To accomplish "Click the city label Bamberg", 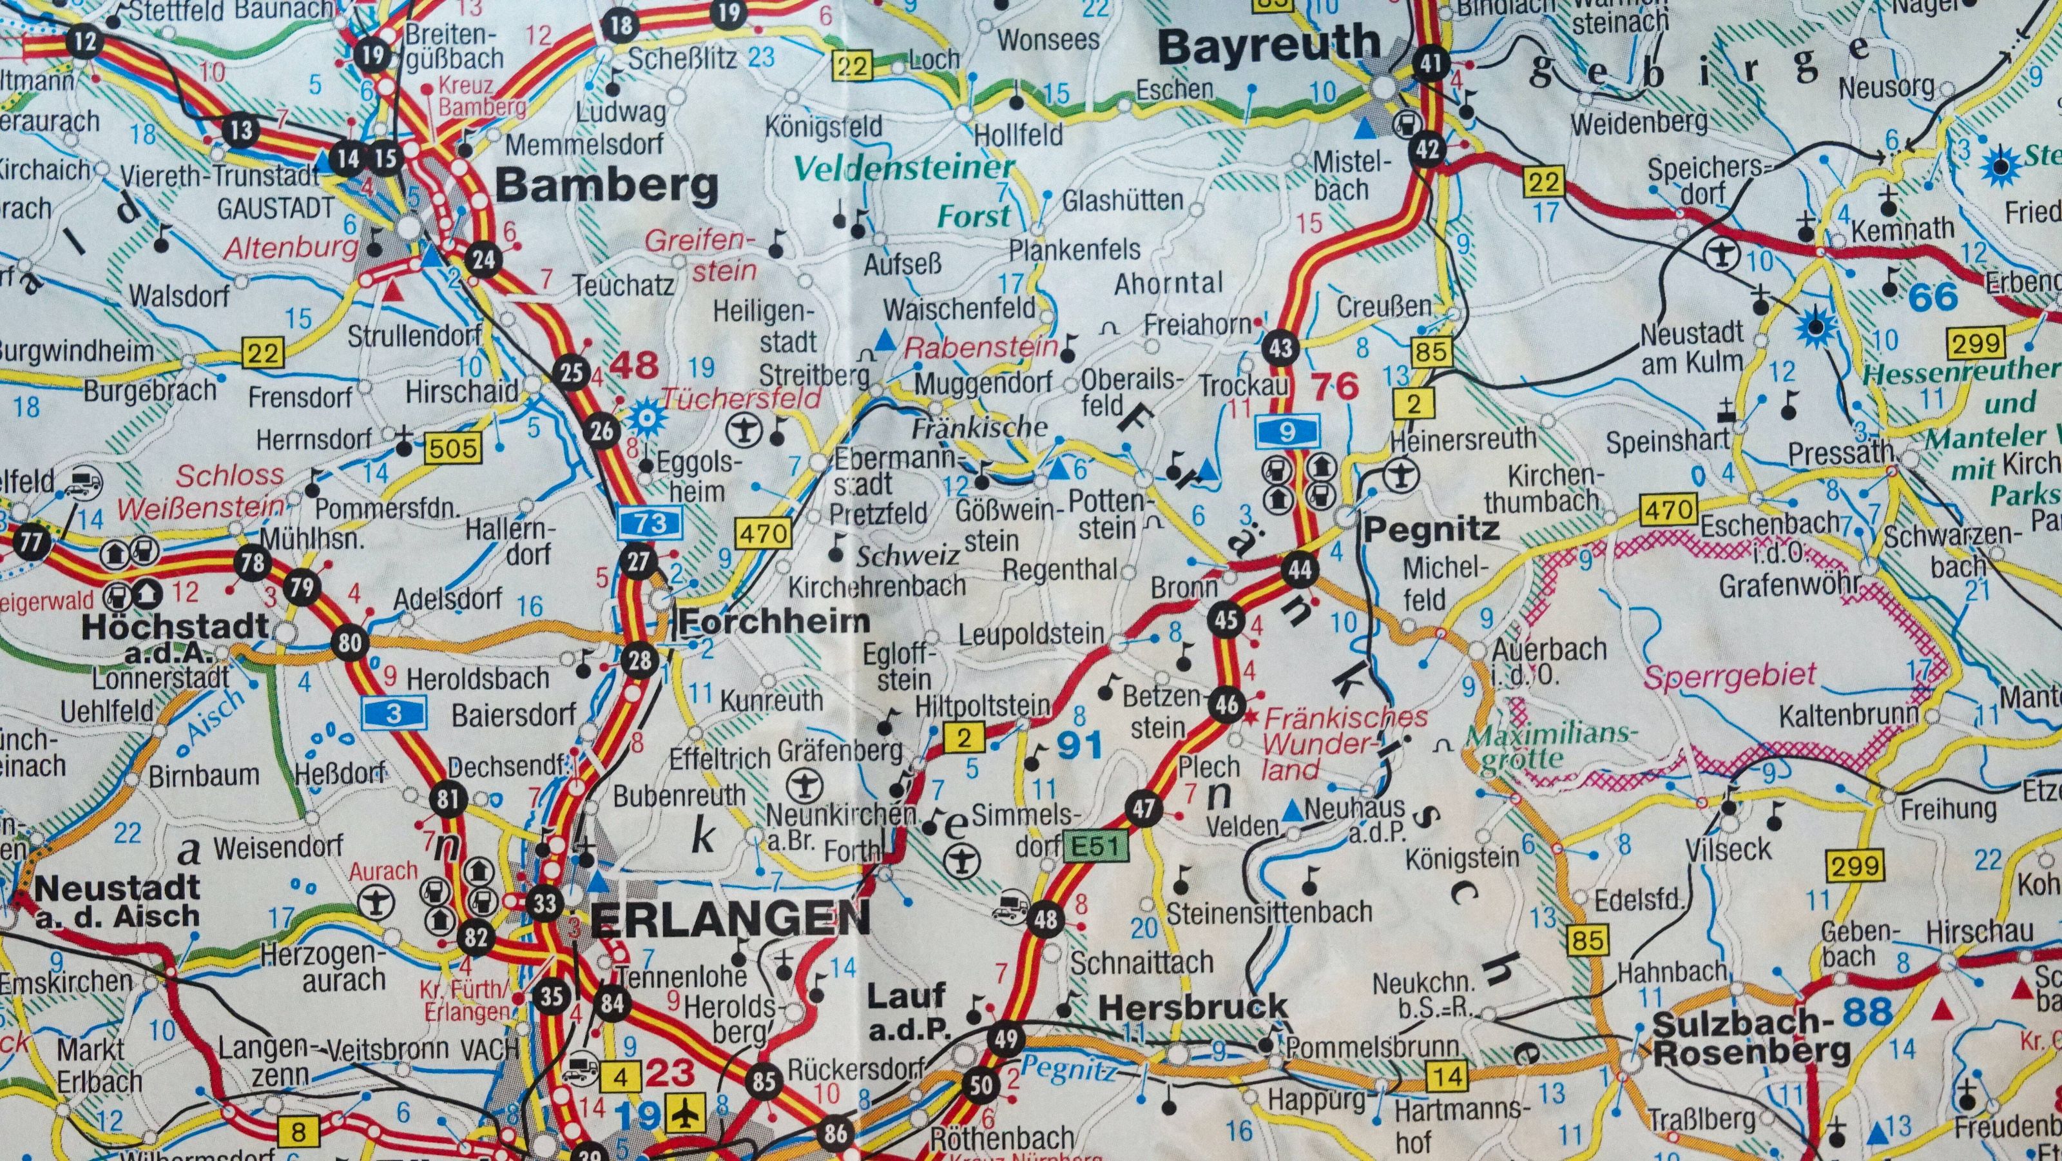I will [607, 186].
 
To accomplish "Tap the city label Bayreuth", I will [1269, 46].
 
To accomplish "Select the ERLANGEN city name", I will [730, 919].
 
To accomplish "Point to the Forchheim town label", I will [774, 621].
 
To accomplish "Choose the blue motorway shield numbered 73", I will [651, 523].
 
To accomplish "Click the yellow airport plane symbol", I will [686, 1114].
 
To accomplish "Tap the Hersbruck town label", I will [1193, 1006].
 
